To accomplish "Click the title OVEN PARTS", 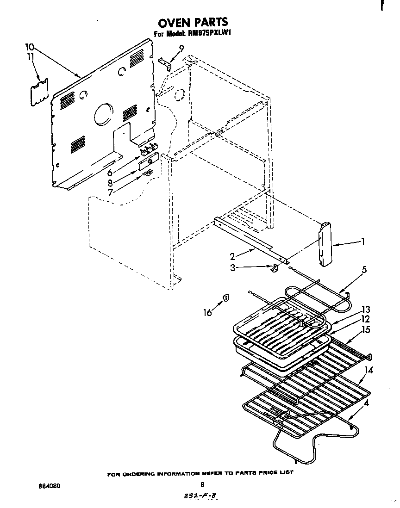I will tap(193, 22).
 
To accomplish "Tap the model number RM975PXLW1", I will tap(209, 33).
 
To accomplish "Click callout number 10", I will tap(29, 46).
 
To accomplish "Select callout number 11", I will tap(30, 57).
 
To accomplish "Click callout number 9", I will tap(181, 48).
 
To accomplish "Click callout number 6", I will tap(110, 173).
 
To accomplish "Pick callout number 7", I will tap(111, 192).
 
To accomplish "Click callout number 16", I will tap(208, 312).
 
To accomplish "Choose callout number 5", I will tap(364, 269).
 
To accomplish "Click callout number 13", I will tap(366, 309).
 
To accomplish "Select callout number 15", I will tap(366, 329).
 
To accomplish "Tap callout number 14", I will tap(369, 370).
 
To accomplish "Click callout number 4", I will tap(367, 403).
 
